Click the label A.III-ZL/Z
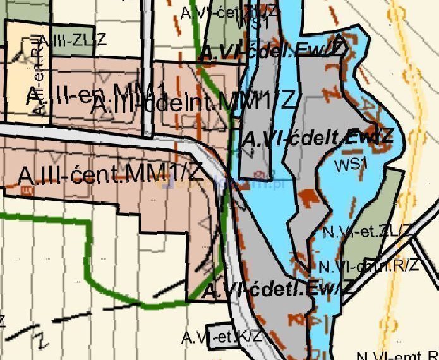[75, 39]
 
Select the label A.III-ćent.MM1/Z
[111, 174]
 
